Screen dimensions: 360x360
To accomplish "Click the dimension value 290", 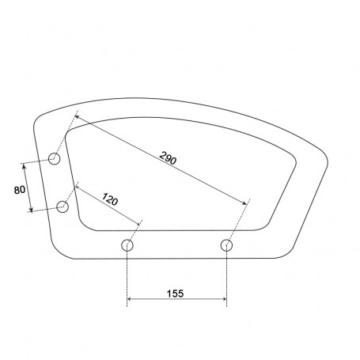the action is click(x=168, y=158).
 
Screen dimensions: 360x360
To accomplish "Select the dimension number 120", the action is click(x=110, y=199).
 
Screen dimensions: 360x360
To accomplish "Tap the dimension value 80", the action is click(x=20, y=190).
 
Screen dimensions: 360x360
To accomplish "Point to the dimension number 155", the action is click(x=175, y=294).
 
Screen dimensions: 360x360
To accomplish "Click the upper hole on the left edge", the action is click(x=55, y=159).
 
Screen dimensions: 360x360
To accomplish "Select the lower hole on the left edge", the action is click(x=63, y=207).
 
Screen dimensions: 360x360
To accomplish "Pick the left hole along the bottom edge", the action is click(x=127, y=245).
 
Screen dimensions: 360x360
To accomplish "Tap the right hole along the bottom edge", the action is click(x=226, y=245).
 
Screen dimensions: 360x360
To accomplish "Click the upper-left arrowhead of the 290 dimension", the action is click(x=77, y=116).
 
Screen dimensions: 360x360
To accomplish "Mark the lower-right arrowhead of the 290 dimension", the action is click(x=245, y=203).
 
